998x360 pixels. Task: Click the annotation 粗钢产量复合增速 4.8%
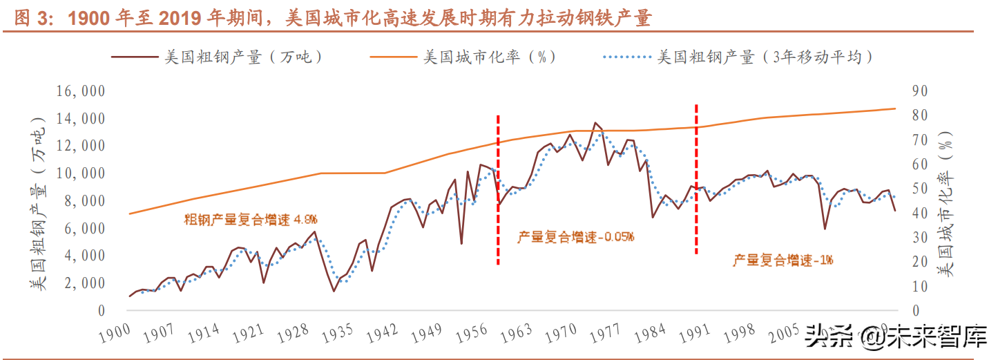[250, 220]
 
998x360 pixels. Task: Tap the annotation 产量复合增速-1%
[783, 260]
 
